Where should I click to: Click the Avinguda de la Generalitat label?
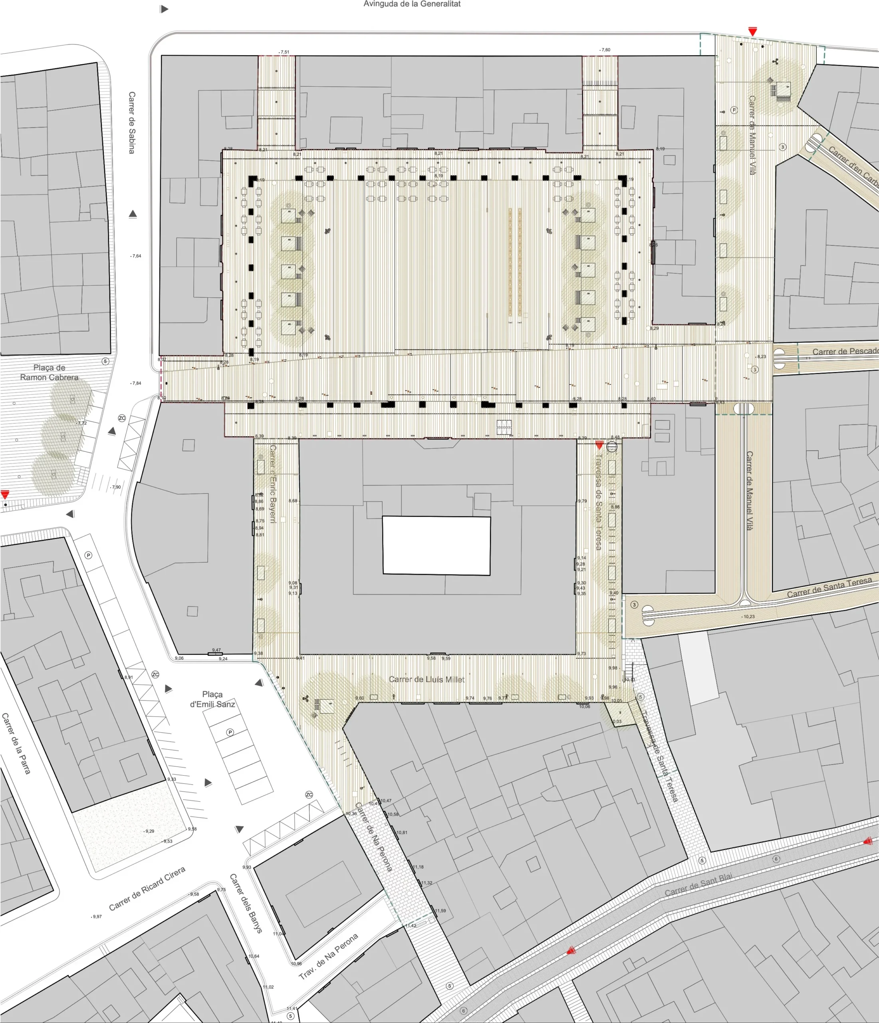pyautogui.click(x=412, y=4)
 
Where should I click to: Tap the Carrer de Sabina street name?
pyautogui.click(x=132, y=122)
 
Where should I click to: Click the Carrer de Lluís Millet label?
pyautogui.click(x=427, y=679)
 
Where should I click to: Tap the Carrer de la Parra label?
pyautogui.click(x=16, y=743)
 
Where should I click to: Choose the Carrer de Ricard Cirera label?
pyautogui.click(x=147, y=888)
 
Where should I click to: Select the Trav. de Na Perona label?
pyautogui.click(x=328, y=956)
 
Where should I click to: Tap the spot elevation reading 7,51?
pyautogui.click(x=285, y=52)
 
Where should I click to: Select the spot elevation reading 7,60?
pyautogui.click(x=605, y=50)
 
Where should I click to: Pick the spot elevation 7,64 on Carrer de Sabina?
pyautogui.click(x=136, y=256)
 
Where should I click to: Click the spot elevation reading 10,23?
pyautogui.click(x=749, y=617)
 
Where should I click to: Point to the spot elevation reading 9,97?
pyautogui.click(x=97, y=916)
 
